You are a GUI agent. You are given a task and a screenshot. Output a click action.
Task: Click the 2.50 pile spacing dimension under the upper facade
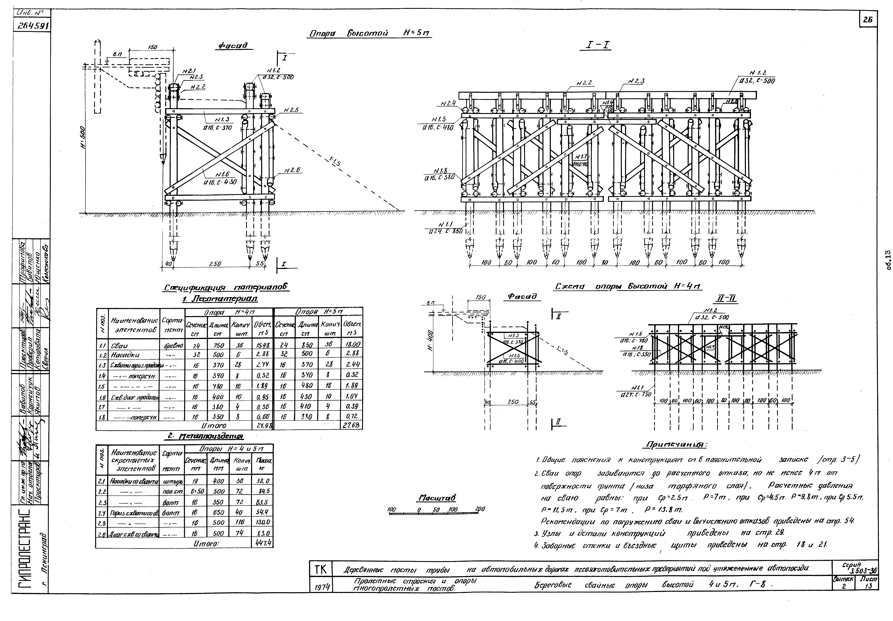(x=215, y=264)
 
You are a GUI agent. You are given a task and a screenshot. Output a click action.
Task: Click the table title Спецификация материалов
(x=227, y=288)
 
